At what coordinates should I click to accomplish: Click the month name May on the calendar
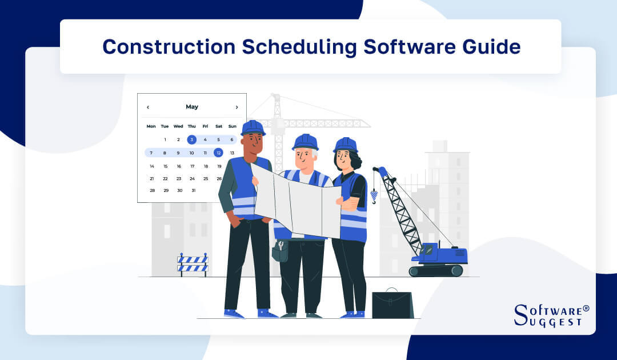[x=192, y=107]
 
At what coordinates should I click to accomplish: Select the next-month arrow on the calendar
[x=237, y=107]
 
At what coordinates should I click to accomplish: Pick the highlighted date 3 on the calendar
[x=192, y=139]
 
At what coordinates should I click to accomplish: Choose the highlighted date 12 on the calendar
[x=218, y=153]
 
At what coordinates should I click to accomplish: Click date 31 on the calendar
[x=193, y=190]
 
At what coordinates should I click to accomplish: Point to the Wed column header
[x=178, y=126]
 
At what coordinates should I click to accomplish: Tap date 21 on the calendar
[x=151, y=178]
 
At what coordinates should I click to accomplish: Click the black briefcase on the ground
[x=392, y=304]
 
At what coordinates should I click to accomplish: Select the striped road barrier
[x=193, y=263]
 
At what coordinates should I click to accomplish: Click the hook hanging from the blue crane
[x=374, y=197]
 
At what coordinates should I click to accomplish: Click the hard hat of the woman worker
[x=345, y=145]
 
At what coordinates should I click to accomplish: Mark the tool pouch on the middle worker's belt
[x=281, y=250]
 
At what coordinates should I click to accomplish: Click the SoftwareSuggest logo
[x=551, y=315]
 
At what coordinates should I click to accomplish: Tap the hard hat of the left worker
[x=253, y=128]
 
